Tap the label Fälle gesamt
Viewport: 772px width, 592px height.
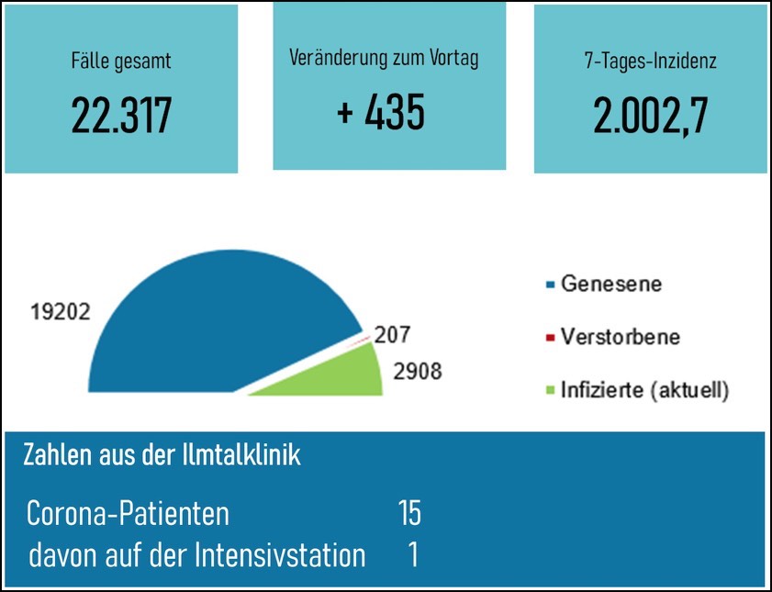click(121, 62)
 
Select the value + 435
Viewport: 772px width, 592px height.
click(381, 112)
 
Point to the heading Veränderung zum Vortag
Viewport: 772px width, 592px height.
click(384, 58)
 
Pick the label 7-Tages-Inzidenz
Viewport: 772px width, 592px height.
click(650, 62)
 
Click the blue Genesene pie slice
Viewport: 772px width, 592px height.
click(220, 321)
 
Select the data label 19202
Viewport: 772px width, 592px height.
click(61, 311)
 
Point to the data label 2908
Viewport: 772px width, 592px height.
click(417, 372)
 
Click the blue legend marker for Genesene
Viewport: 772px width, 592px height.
click(549, 285)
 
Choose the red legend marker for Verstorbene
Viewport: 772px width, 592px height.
click(549, 338)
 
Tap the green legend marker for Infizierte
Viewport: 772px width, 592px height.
click(549, 391)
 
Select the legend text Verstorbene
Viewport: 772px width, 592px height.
click(621, 337)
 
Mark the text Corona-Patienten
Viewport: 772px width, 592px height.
click(128, 513)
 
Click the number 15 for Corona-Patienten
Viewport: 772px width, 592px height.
click(409, 513)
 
